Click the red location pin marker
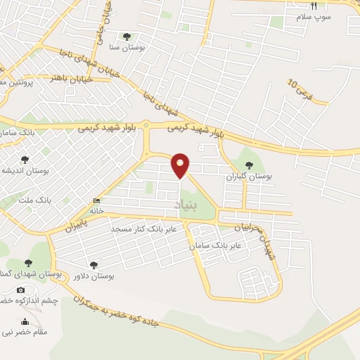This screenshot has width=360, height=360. [x=181, y=165]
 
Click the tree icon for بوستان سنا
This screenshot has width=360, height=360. [x=127, y=37]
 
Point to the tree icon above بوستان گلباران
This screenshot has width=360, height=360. [x=250, y=164]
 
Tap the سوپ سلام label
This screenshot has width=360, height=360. [x=312, y=16]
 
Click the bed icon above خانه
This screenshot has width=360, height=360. [x=96, y=201]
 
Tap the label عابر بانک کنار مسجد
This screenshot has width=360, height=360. [x=151, y=229]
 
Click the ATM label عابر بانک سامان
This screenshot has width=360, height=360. [x=216, y=246]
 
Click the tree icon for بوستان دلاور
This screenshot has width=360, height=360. [x=94, y=265]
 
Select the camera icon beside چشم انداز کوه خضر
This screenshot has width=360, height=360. [x=20, y=290]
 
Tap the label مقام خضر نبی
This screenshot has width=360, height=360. [x=26, y=330]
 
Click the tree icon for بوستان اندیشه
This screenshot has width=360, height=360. [x=25, y=160]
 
